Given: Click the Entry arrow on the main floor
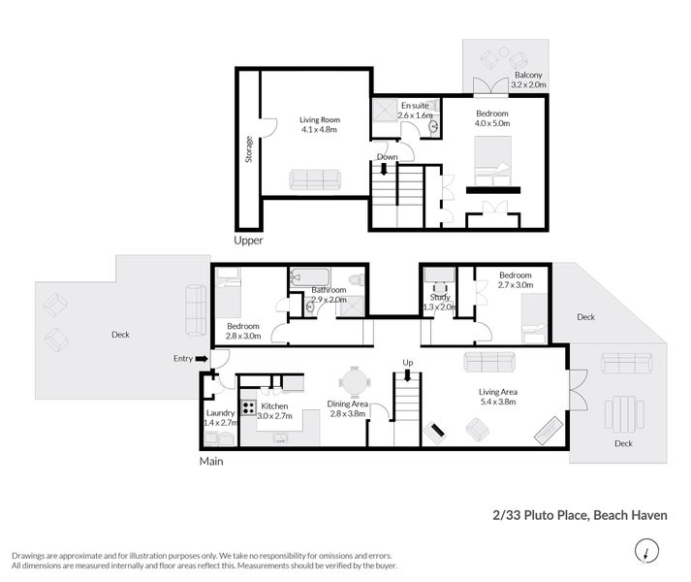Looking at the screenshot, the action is pyautogui.click(x=202, y=359).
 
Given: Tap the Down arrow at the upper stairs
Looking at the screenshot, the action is pyautogui.click(x=384, y=169).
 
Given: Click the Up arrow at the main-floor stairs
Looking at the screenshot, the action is pyautogui.click(x=408, y=375).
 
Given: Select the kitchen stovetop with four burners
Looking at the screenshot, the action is pyautogui.click(x=248, y=406).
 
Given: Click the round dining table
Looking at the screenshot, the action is pyautogui.click(x=355, y=382).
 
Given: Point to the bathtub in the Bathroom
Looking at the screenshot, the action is pyautogui.click(x=310, y=277).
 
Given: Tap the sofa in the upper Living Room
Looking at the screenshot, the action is pyautogui.click(x=315, y=179).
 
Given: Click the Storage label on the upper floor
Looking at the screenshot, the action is pyautogui.click(x=249, y=149).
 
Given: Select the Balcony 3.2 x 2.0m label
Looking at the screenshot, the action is pyautogui.click(x=528, y=80).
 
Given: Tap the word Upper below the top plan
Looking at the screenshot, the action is pyautogui.click(x=248, y=241).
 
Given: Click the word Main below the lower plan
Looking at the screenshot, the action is pyautogui.click(x=211, y=461).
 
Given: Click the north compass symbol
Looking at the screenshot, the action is pyautogui.click(x=646, y=551).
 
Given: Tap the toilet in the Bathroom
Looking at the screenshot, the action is pyautogui.click(x=357, y=278).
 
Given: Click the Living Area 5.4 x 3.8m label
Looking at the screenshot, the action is pyautogui.click(x=498, y=397).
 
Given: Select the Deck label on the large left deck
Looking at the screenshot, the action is pyautogui.click(x=120, y=335).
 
